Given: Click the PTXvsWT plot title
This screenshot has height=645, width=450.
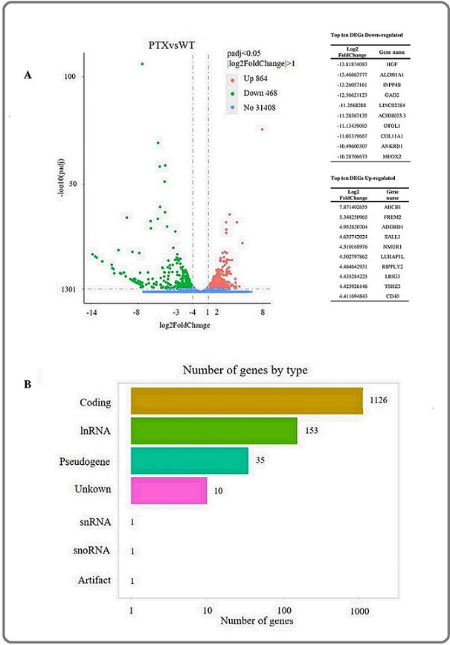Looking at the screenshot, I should (x=170, y=45).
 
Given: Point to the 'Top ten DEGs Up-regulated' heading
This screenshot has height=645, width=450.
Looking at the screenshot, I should (x=361, y=179).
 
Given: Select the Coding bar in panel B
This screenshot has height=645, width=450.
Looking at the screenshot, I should (x=246, y=402).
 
